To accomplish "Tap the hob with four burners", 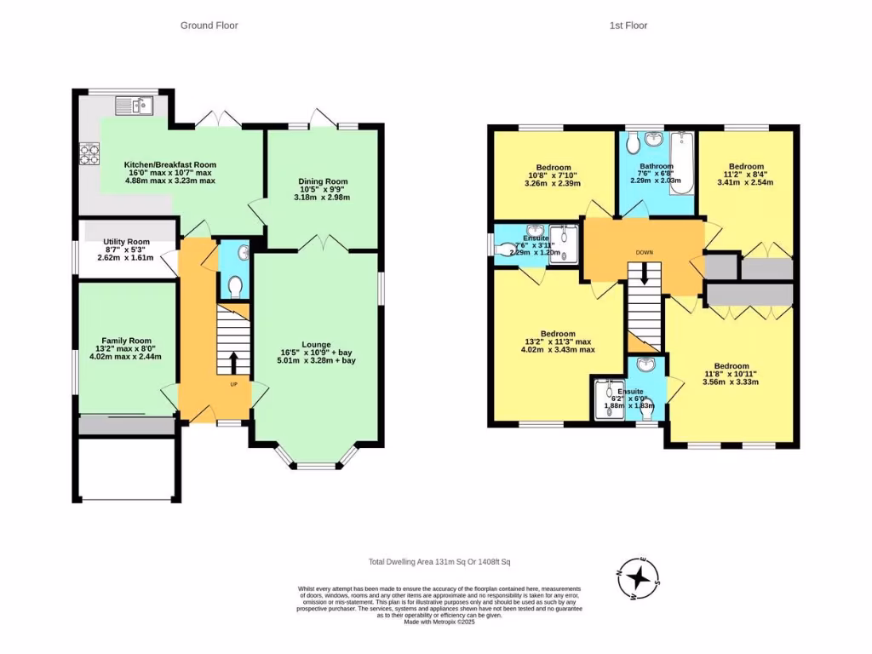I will pos(89,154).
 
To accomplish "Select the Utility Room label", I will pos(126,242).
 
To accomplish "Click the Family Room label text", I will pos(126,340).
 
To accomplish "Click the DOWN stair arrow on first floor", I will pos(645,272).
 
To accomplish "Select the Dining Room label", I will pos(323,181).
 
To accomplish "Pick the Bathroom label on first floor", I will pos(657,167).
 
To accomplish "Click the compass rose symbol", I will pos(638,580).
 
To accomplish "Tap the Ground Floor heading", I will pos(209,26).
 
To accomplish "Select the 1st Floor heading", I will pos(628,26).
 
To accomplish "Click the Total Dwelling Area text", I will pos(439,562).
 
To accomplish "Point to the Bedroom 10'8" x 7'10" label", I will pos(553,168).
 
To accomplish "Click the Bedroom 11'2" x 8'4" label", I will pos(746,167).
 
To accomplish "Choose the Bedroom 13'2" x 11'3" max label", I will pos(558,334).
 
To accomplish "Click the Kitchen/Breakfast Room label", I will pos(169,164).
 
